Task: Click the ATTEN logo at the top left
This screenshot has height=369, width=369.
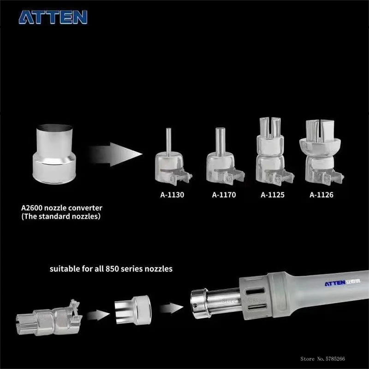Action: pos(53,17)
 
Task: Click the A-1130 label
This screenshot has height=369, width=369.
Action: pos(172,195)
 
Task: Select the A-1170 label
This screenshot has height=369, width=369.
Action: pos(224,195)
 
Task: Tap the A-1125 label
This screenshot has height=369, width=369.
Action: pos(273,195)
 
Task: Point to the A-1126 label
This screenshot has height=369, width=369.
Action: pos(321,195)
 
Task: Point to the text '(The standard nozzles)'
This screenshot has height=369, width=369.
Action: pos(61,216)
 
